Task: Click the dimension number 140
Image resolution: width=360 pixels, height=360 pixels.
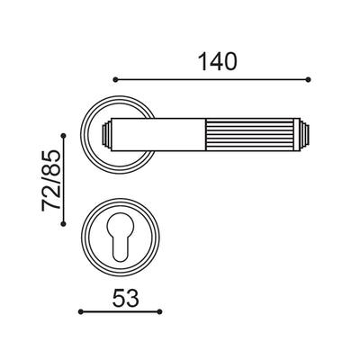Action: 217,62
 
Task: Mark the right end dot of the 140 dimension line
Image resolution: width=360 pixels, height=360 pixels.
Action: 309,80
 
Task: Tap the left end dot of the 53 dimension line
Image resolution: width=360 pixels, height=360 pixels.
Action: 81,311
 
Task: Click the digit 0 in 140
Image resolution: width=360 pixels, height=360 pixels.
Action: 230,62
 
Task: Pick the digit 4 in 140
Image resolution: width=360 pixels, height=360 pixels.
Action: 216,62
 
